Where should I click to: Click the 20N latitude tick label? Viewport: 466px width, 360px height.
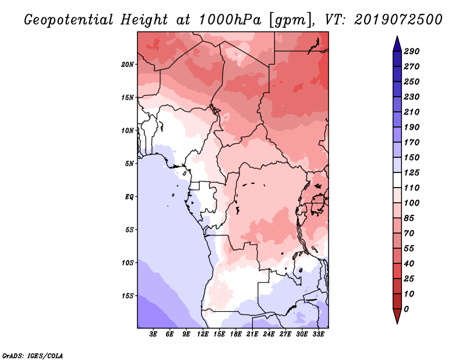(x=128, y=64)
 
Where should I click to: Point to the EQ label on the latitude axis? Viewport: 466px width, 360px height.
(x=129, y=197)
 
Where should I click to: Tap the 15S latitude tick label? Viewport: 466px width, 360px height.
(x=128, y=296)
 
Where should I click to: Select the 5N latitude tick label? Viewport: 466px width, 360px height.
(x=129, y=164)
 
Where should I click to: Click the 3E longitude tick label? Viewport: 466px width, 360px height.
(x=153, y=334)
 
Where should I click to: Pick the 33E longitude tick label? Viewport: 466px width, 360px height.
(x=318, y=334)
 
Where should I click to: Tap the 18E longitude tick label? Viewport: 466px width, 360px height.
(x=236, y=334)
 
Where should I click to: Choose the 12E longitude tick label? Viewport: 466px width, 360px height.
(x=203, y=334)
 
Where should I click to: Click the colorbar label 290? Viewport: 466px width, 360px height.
(x=411, y=51)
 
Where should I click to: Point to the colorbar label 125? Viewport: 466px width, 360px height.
(x=411, y=172)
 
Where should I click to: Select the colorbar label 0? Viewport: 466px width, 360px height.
(x=406, y=309)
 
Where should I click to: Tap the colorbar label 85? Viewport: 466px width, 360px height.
(x=409, y=218)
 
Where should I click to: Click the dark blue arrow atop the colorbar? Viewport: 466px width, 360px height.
(x=397, y=44)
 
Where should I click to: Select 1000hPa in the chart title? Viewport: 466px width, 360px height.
(x=230, y=20)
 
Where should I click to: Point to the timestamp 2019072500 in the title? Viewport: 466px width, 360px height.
(x=398, y=20)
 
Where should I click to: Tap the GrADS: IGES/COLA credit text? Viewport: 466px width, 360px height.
(x=33, y=356)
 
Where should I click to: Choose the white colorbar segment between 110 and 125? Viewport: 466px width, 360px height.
(x=397, y=180)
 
